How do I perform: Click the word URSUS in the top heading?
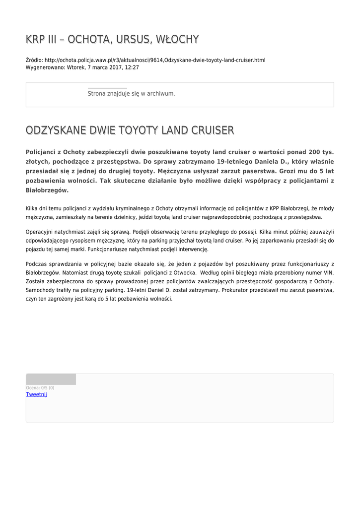131,39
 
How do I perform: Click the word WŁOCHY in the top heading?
177,39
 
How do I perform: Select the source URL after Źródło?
155,60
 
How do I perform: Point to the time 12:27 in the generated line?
132,67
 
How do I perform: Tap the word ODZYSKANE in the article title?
56,130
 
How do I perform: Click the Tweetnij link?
36,394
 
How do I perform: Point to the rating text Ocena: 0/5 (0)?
40,388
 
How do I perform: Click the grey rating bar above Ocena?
51,379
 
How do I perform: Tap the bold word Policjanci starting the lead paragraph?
44,152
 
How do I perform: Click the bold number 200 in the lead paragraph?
314,152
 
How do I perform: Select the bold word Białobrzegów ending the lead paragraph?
47,190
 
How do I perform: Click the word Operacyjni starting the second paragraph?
42,231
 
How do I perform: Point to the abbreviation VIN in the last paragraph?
328,273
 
